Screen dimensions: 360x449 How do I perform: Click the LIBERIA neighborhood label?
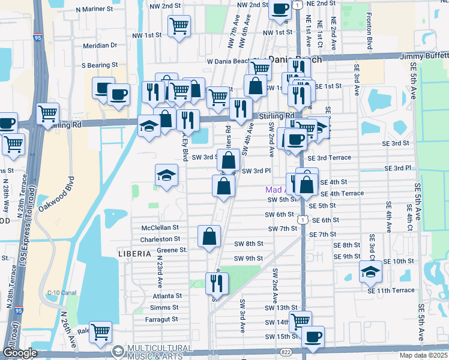click(x=134, y=254)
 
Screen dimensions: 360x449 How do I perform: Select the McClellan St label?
click(x=160, y=228)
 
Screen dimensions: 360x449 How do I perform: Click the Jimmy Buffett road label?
click(x=424, y=56)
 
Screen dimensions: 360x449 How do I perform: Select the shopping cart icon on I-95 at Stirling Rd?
click(x=47, y=112)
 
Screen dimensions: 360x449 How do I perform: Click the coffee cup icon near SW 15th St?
click(x=313, y=337)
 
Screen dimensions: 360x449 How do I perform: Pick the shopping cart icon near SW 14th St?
click(x=300, y=320)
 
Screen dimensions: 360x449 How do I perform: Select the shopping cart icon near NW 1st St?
click(x=179, y=26)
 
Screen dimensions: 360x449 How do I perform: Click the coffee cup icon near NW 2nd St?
click(x=280, y=8)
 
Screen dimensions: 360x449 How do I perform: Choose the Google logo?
click(x=20, y=353)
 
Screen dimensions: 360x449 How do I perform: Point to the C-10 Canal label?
click(x=62, y=293)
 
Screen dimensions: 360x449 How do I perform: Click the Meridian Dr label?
click(x=100, y=45)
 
